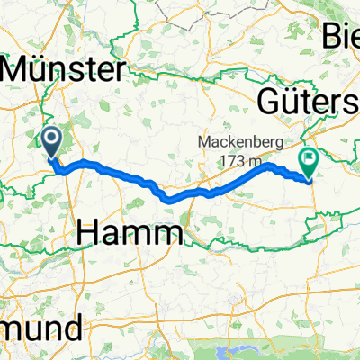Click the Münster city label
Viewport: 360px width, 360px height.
pos(65,70)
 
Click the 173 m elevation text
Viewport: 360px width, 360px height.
pos(236,160)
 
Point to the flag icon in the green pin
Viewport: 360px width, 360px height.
pos(309,158)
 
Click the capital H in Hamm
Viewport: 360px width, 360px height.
pos(90,234)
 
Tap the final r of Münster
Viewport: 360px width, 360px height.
pos(121,70)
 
